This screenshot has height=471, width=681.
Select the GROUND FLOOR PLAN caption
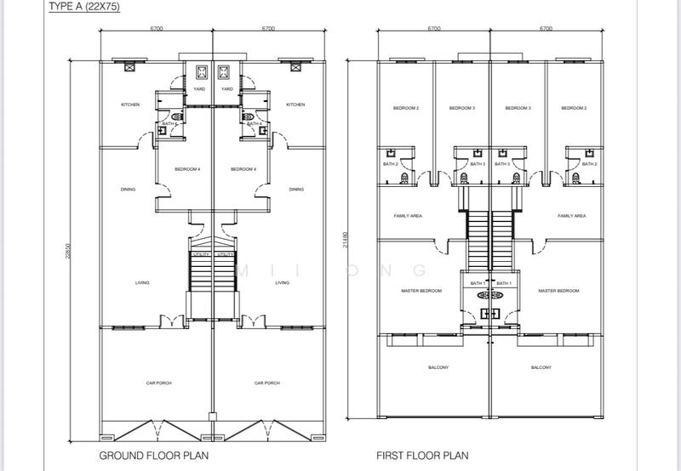click(x=154, y=456)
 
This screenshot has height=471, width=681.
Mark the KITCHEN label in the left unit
click(x=130, y=105)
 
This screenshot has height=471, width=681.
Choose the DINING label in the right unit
click(x=295, y=190)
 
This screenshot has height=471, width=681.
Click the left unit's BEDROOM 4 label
click(x=187, y=169)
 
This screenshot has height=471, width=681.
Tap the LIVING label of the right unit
click(x=283, y=283)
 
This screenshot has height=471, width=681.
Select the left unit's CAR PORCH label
click(x=158, y=383)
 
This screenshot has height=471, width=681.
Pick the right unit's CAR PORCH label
click(x=267, y=383)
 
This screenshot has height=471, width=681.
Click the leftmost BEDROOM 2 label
click(x=405, y=108)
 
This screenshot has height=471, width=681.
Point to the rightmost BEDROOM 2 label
click(x=574, y=108)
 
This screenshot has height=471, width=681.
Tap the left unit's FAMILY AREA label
click(x=408, y=216)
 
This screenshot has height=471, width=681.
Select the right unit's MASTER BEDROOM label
click(x=558, y=291)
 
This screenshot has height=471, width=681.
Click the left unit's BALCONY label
click(x=438, y=367)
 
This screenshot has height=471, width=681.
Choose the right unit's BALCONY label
click(x=541, y=367)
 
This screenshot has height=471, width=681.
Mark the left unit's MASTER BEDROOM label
click(x=421, y=291)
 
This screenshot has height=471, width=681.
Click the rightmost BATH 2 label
click(x=589, y=164)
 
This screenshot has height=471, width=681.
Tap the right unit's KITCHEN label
click(x=295, y=105)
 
